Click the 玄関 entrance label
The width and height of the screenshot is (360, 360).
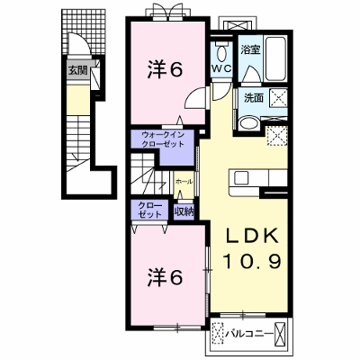point(77,71)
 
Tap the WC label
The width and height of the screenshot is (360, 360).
point(221,68)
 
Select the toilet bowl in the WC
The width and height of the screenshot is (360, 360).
point(222,54)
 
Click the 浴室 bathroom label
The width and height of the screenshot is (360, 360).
point(251,49)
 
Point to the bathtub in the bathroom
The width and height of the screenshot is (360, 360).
point(275,58)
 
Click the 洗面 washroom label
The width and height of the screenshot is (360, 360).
point(254,98)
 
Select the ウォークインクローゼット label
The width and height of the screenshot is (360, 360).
point(162,139)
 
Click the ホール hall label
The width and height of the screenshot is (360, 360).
point(184,182)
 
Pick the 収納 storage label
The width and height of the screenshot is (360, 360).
point(184,211)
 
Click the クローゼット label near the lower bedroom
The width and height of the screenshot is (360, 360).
point(149,210)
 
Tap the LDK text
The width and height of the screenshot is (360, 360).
point(252,237)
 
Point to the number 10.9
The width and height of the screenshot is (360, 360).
point(252,261)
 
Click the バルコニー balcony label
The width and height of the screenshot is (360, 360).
point(249,333)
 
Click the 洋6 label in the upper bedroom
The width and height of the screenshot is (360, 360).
point(165,70)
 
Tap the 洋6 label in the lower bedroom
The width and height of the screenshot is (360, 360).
point(165,277)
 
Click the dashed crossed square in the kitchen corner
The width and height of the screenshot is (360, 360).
point(277,135)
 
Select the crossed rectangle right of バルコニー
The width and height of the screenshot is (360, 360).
point(280,333)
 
